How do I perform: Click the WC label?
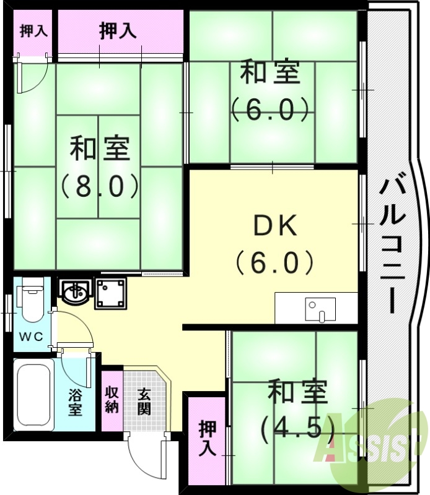30,337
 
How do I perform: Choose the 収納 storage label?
112,400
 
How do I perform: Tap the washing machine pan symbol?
110,293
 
